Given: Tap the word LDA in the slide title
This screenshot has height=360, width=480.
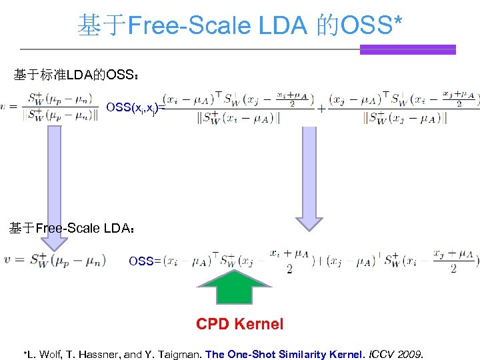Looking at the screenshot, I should tap(280, 26).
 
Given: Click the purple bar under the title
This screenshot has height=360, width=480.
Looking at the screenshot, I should tap(407, 49).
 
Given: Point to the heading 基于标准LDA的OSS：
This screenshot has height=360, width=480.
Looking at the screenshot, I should tap(77, 75).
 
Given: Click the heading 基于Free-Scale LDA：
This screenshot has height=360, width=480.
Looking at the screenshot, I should tap(73, 229).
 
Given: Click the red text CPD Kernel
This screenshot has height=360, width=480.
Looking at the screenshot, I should tap(239, 324).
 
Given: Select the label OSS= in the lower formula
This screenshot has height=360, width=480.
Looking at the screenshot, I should tap(145, 261).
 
